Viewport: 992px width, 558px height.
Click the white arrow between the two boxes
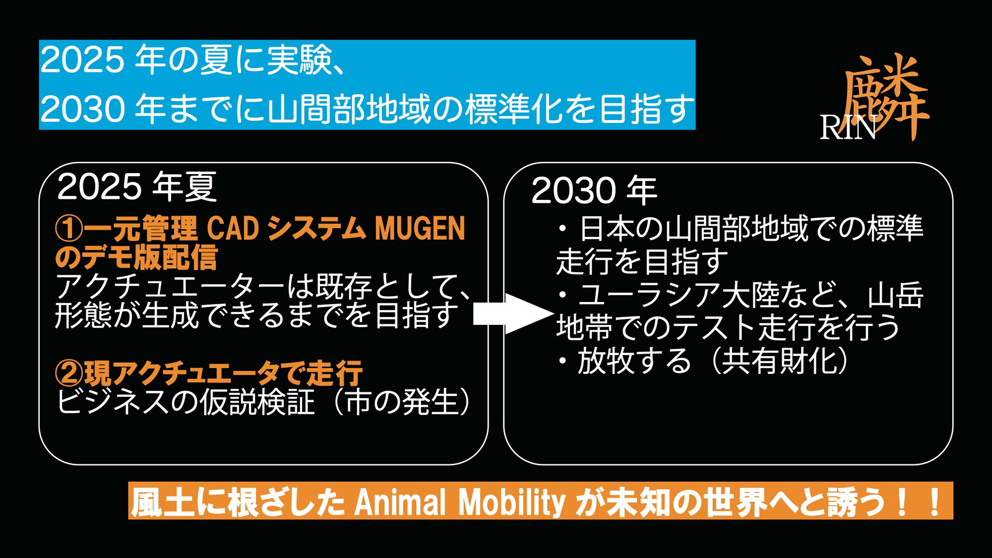tap(513, 314)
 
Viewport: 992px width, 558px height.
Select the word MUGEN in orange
tap(420, 228)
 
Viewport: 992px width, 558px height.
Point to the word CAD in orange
tap(233, 228)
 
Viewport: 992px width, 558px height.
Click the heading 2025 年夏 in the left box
tap(137, 187)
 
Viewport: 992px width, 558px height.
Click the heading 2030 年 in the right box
tap(594, 191)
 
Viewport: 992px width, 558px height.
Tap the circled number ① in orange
tap(69, 229)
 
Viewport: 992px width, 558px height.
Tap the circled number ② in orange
tap(69, 373)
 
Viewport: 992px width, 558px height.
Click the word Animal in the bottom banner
tap(399, 502)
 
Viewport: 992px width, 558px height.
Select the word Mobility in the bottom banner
tap(512, 502)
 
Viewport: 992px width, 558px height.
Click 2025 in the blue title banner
tap(82, 60)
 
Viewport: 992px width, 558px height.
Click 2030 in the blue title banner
tap(82, 109)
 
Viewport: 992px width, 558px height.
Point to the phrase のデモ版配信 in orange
tap(136, 257)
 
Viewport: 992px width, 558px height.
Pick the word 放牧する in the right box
tap(634, 361)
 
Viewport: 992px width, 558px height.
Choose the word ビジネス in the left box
tap(113, 402)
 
